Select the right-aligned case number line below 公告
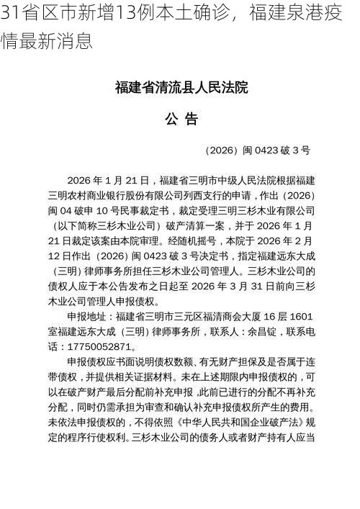257,150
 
